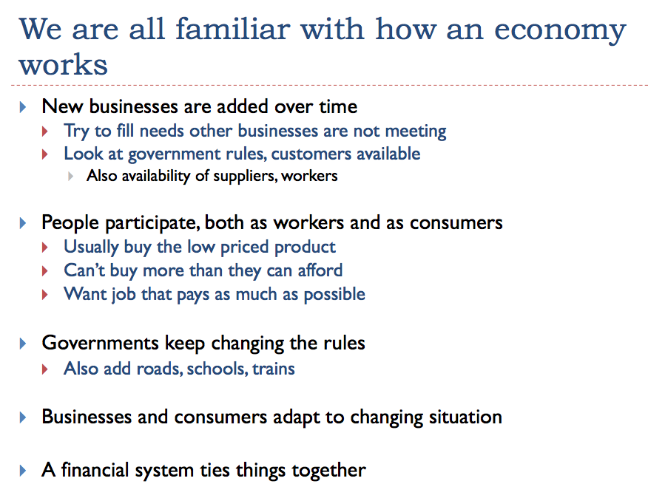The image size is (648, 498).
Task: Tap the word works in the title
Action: pos(63,65)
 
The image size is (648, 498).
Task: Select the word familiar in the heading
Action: pos(233,29)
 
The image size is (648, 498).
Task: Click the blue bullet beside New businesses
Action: pos(23,107)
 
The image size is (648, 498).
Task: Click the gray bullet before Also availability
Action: pos(71,177)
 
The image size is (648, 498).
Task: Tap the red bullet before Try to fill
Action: pos(45,132)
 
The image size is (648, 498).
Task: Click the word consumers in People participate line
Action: pos(456,223)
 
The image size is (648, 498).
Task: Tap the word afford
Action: pos(320,270)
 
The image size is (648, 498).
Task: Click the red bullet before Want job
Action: pos(45,295)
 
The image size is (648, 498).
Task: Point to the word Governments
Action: pos(101,343)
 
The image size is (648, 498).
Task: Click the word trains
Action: pos(274,369)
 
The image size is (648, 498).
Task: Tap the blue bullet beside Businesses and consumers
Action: pos(23,417)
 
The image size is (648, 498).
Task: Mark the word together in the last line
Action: pos(329,471)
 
